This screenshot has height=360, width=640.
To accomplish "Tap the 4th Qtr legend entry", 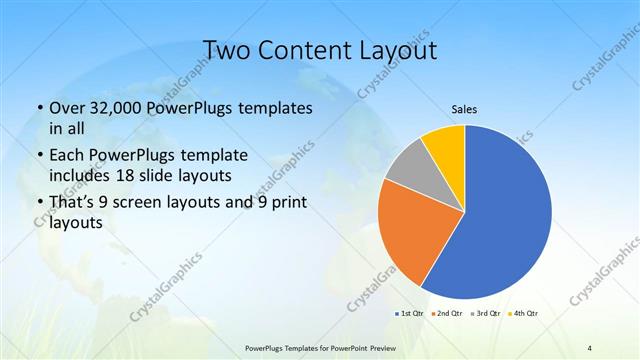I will click(524, 314).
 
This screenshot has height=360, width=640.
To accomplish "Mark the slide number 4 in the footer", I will click(590, 347).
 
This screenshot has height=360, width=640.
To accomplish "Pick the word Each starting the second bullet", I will click(68, 156).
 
